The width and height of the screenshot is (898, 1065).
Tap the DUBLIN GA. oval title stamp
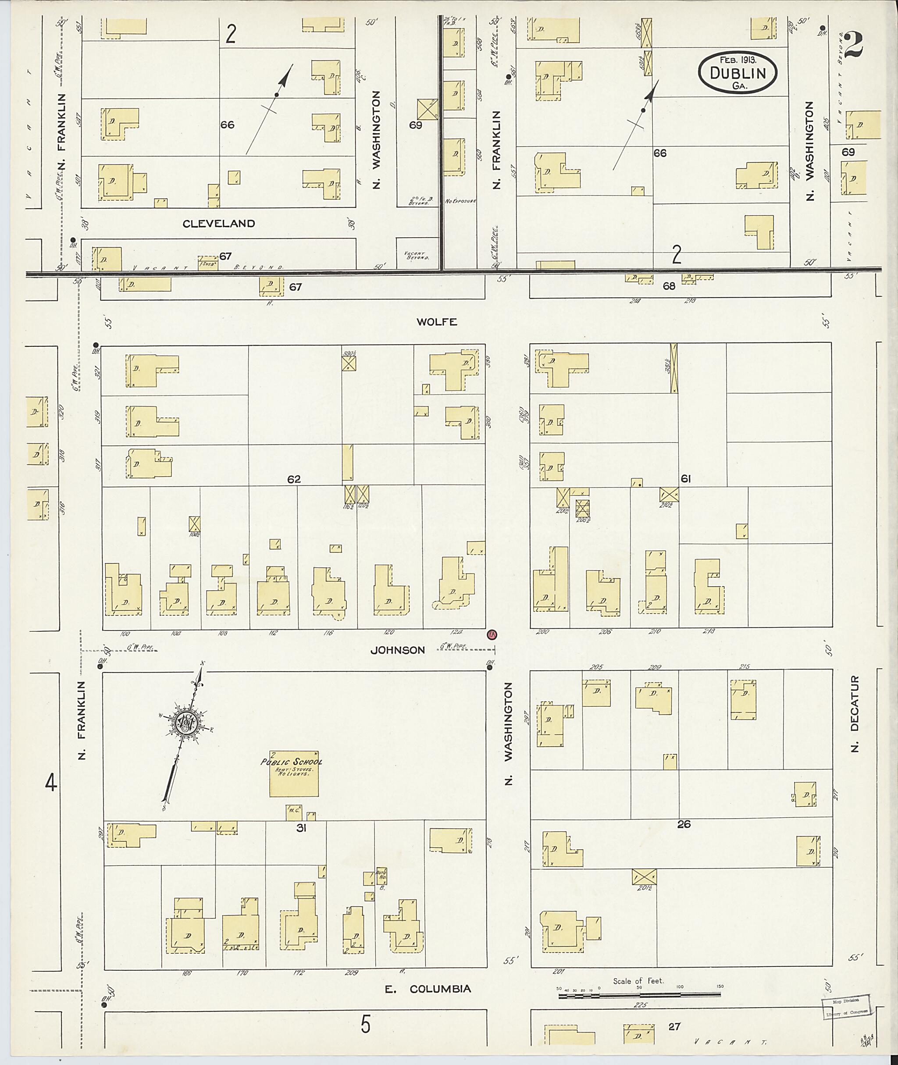[x=738, y=74]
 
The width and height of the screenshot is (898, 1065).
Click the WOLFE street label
[x=437, y=322]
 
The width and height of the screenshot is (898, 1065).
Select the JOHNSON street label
[x=398, y=650]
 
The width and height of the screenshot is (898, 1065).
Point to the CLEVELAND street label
[x=219, y=224]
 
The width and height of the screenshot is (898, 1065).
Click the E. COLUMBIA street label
[x=428, y=989]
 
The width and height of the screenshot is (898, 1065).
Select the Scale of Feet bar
[x=639, y=994]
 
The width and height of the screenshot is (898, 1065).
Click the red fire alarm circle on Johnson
[x=492, y=634]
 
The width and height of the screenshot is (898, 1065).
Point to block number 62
[x=294, y=479]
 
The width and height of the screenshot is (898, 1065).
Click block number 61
[x=685, y=478]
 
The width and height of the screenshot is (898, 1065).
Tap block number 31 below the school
[x=301, y=828]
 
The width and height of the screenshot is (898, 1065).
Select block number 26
[x=684, y=824]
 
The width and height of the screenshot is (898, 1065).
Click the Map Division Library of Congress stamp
[x=845, y=1006]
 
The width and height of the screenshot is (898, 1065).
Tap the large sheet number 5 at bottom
[x=366, y=1024]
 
